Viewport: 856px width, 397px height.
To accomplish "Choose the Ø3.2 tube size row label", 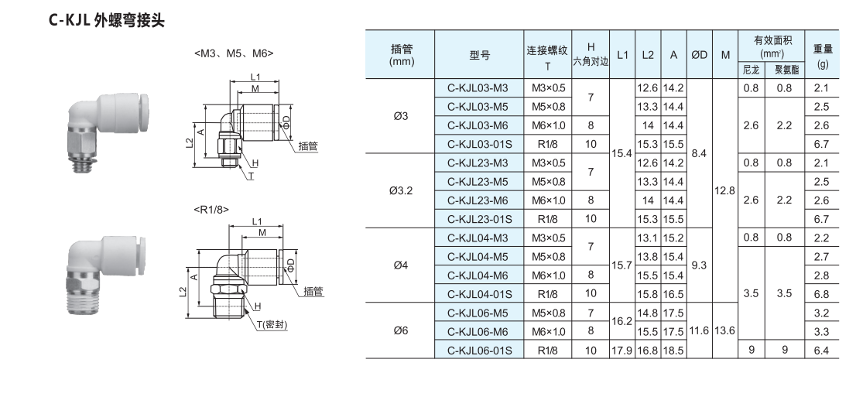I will pyautogui.click(x=400, y=190).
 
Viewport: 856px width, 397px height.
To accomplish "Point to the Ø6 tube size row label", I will pyautogui.click(x=400, y=330).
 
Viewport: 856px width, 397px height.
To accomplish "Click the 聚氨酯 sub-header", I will pyautogui.click(x=786, y=70).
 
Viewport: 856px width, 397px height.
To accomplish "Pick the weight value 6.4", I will pyautogui.click(x=822, y=350).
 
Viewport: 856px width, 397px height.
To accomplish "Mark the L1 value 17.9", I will pyautogui.click(x=622, y=350).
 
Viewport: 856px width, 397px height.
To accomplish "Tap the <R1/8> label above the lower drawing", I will pyautogui.click(x=211, y=209).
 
